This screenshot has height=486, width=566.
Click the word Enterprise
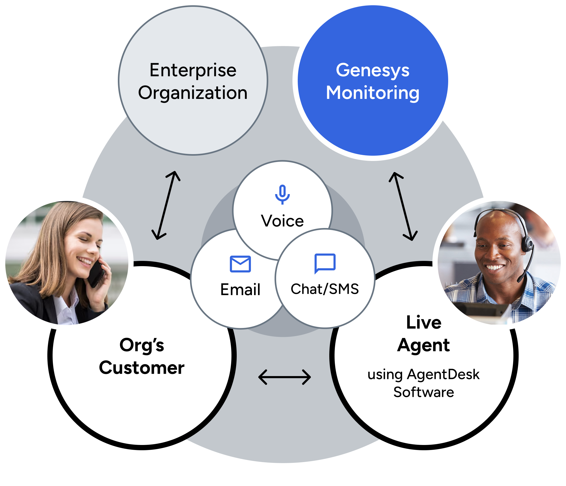[x=193, y=70]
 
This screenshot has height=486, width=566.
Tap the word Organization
[x=193, y=93]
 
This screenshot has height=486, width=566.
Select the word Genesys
[x=373, y=70]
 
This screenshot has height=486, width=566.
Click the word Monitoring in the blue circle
[x=373, y=93]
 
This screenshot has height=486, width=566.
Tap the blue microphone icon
[x=282, y=194]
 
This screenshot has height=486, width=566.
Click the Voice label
[x=282, y=221]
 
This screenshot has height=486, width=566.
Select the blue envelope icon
[x=240, y=264]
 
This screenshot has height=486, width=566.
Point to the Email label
[x=240, y=290]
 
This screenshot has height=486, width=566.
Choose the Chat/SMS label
[x=325, y=289]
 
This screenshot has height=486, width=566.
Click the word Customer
[x=141, y=368]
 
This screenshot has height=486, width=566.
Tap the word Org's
[x=141, y=345]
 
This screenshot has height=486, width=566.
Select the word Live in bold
[x=424, y=323]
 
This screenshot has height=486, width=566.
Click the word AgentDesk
[x=443, y=374]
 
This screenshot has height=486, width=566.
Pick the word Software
[x=424, y=392]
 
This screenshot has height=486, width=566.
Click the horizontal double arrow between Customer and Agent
[x=284, y=377]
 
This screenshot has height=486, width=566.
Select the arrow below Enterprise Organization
[x=166, y=205]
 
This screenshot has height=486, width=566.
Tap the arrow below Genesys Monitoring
[x=403, y=206]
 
